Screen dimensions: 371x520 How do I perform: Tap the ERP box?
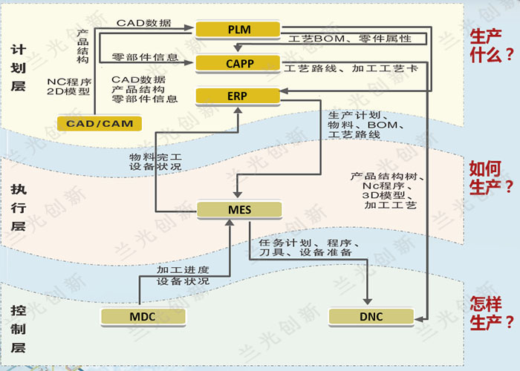tap(235, 96)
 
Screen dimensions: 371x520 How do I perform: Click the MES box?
tap(238, 210)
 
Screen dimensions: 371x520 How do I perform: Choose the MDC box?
tap(142, 317)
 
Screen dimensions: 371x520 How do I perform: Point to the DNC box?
tap(371, 317)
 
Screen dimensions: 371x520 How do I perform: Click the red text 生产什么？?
tap(491, 45)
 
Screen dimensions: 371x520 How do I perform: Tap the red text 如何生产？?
tap(491, 177)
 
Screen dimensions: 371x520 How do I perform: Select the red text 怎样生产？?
tap(491, 312)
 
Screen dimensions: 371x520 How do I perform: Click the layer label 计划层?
tap(19, 68)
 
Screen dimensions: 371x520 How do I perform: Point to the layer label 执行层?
tap(19, 207)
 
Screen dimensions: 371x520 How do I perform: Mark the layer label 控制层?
tap(19, 327)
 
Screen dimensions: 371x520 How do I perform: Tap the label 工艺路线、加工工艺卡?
tap(351, 69)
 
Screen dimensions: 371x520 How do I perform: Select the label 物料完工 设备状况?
tap(155, 162)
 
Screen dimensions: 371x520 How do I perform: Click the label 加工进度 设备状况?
tap(183, 276)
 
